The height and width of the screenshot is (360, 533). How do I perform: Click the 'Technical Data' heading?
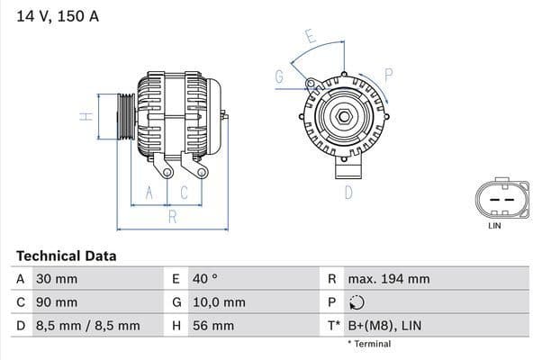click(66, 256)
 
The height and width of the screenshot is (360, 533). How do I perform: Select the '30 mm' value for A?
click(56, 279)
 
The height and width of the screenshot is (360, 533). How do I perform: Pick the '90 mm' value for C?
click(56, 302)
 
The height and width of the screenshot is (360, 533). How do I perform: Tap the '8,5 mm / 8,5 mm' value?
click(87, 326)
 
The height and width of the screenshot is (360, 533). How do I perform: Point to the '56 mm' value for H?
click(212, 326)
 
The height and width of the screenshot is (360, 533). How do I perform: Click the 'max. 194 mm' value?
click(388, 279)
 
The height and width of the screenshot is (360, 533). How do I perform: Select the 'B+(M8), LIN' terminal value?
click(384, 326)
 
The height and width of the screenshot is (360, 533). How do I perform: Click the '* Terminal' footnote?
click(369, 344)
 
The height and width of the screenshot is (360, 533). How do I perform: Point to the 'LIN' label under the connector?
click(494, 226)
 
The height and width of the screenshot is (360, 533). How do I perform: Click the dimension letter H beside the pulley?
click(83, 117)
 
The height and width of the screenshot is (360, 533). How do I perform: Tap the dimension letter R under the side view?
click(172, 216)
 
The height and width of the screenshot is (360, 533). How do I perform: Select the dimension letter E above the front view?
click(310, 38)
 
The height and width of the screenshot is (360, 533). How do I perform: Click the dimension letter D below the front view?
click(348, 192)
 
